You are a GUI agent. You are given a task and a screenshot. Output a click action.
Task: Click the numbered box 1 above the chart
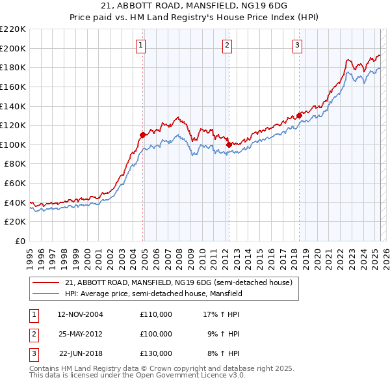click(x=141, y=45)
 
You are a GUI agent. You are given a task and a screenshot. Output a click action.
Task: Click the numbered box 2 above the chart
click(x=227, y=45)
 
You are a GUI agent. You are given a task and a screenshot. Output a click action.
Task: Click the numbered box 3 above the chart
click(x=297, y=45)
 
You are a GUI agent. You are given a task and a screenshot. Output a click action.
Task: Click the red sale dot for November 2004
click(x=142, y=135)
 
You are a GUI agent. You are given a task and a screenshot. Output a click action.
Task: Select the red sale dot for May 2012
click(x=229, y=144)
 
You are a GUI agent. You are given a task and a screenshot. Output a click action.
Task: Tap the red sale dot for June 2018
click(x=299, y=116)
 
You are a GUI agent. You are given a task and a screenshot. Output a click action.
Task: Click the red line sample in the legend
click(x=47, y=282)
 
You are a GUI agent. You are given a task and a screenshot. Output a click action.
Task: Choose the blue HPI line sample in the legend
click(x=47, y=294)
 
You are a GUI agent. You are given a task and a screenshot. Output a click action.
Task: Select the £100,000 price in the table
click(x=155, y=334)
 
